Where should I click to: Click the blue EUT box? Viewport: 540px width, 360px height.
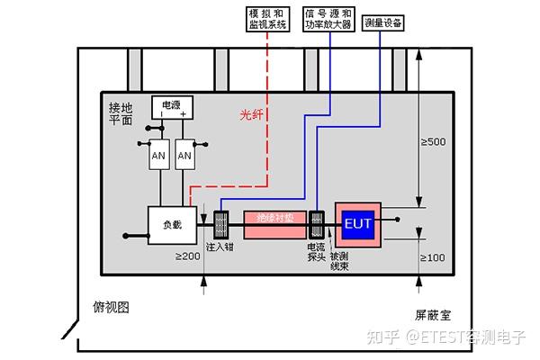tap(355, 222)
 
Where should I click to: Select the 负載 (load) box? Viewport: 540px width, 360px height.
tap(171, 224)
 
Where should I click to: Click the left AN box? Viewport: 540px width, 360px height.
tap(158, 156)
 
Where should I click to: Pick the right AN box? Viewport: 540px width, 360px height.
tap(185, 156)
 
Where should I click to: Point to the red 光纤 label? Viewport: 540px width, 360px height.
tap(253, 115)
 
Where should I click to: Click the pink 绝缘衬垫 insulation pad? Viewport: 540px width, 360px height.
tap(274, 219)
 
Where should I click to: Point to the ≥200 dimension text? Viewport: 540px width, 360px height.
tap(187, 257)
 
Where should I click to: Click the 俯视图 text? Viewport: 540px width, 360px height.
tap(112, 307)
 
